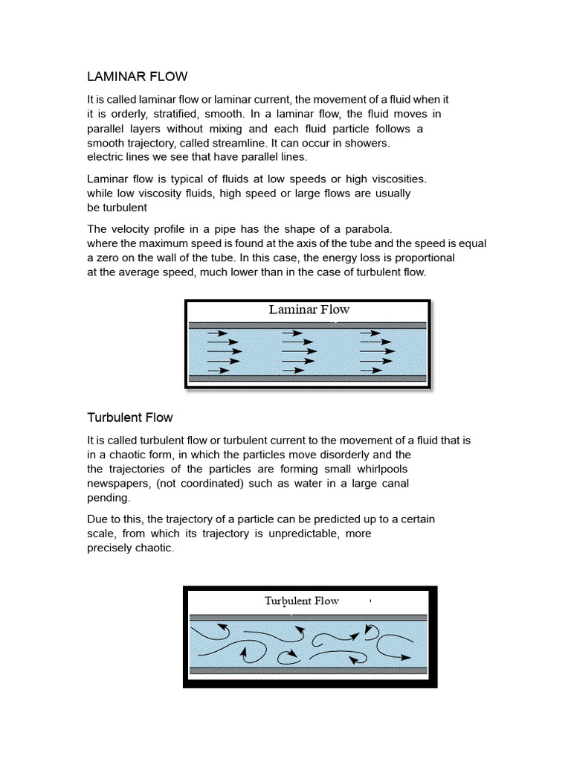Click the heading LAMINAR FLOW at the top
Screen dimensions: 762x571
138,76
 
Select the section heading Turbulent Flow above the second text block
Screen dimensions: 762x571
130,417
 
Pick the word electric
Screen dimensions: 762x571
107,157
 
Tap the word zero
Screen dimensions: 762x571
109,257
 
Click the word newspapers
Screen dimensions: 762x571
120,484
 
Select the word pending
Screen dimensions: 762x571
109,498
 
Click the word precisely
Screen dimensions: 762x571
109,548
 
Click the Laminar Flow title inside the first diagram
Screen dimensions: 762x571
309,310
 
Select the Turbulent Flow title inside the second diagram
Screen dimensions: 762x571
302,601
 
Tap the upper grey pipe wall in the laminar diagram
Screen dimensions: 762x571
308,325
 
